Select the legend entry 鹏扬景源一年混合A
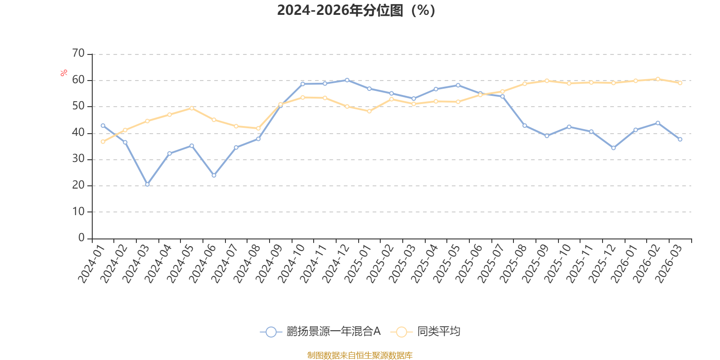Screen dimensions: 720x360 [x=320, y=331]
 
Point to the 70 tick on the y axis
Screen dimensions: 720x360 [x=78, y=53]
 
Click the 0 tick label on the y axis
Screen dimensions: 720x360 [x=81, y=238]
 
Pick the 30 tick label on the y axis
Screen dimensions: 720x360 [x=78, y=158]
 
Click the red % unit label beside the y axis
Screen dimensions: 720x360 [x=63, y=72]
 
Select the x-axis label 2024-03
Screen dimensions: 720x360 [x=136, y=264]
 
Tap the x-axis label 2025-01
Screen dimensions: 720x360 [x=358, y=264]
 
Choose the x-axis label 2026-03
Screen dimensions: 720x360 [x=669, y=264]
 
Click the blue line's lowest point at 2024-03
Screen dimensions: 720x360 [x=147, y=184]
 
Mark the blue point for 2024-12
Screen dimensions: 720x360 [x=347, y=80]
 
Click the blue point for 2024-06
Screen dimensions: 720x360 [x=214, y=175]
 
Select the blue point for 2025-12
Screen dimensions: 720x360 [x=614, y=148]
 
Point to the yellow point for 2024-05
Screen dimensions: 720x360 [x=192, y=108]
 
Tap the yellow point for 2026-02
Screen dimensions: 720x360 [x=658, y=79]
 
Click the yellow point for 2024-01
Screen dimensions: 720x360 [x=103, y=142]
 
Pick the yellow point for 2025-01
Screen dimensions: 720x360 [x=369, y=111]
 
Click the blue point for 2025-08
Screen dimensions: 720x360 [x=525, y=126]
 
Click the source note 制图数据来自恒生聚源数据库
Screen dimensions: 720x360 [x=360, y=355]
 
